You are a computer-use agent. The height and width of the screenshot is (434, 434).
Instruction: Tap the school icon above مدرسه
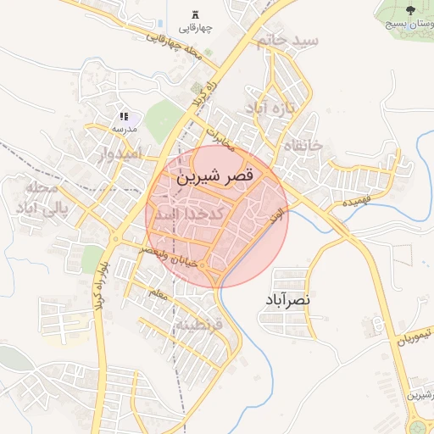[x=124, y=116]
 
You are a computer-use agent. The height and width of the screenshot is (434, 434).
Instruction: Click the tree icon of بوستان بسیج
[x=411, y=10]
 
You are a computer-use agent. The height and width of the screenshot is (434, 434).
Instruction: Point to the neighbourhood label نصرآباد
[x=287, y=299]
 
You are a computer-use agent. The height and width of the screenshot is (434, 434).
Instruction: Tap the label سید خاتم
[x=291, y=41]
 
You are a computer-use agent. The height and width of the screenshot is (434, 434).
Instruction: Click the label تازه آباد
[x=269, y=108]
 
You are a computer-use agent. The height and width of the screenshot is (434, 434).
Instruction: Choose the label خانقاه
[x=304, y=145]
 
